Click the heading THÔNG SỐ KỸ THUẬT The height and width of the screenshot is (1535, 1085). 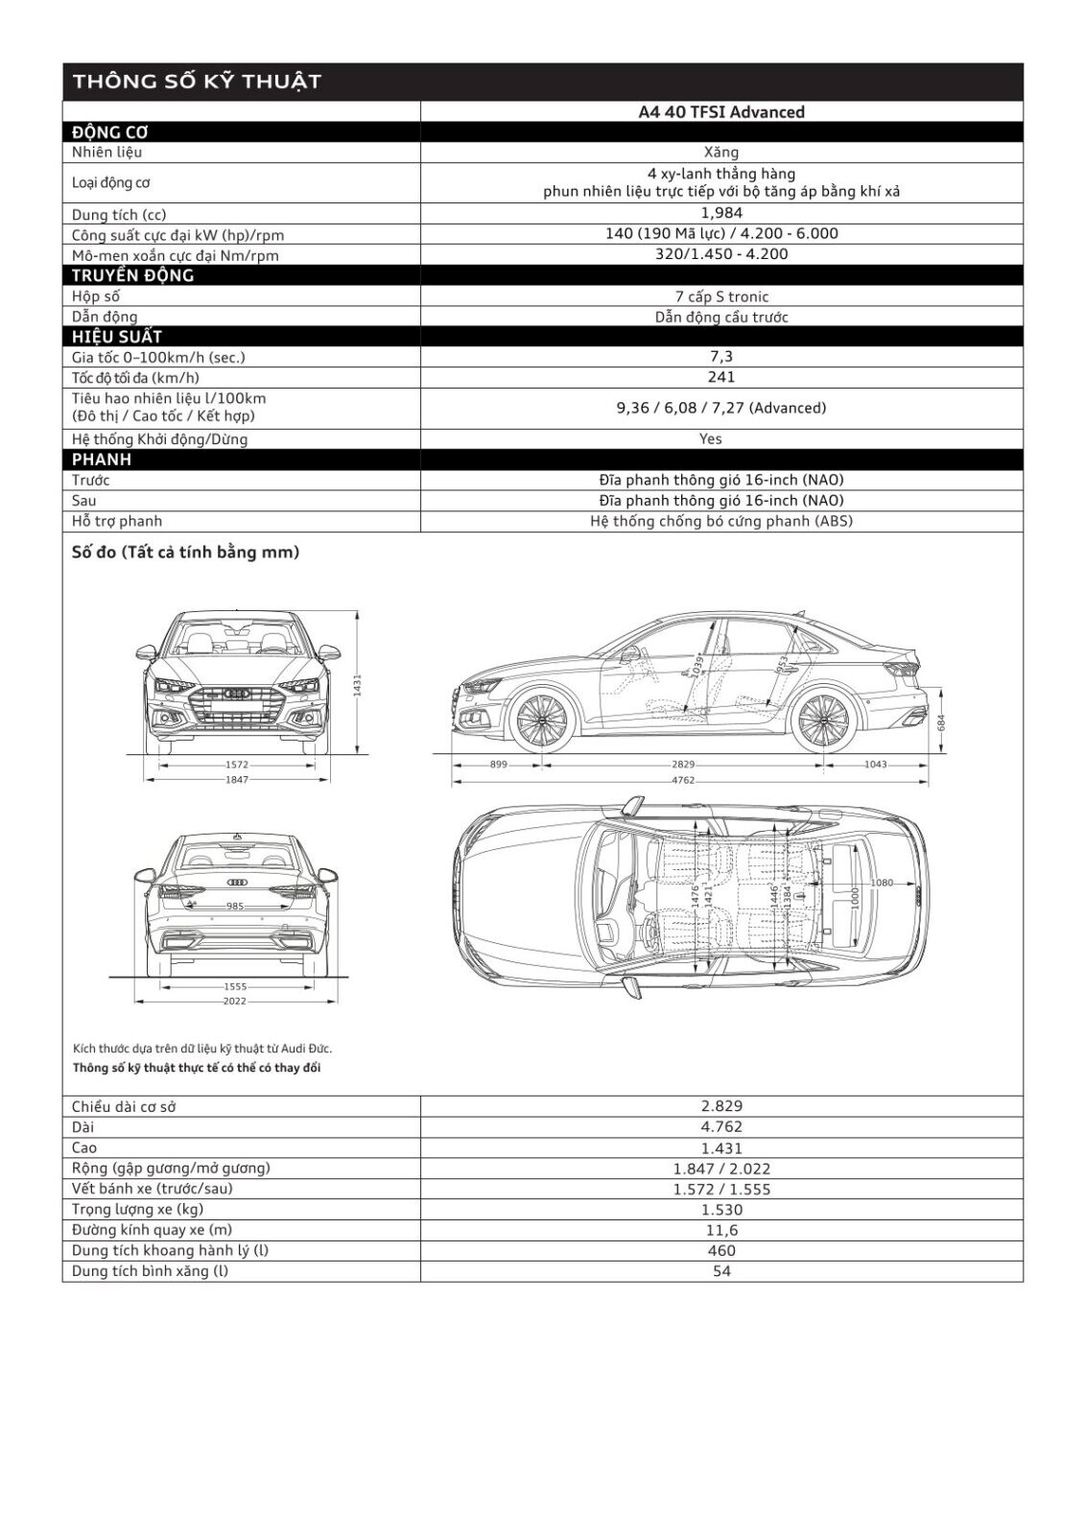196,82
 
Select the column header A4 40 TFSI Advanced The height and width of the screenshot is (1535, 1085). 721,112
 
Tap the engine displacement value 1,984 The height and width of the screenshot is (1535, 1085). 721,213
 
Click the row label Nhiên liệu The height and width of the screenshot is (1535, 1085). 106,153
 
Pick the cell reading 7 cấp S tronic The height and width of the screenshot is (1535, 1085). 721,296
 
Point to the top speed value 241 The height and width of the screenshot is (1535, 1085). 721,377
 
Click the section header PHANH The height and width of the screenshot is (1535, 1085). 102,460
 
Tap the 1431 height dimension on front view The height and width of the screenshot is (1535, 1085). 357,683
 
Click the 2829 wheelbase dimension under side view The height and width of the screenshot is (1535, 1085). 683,765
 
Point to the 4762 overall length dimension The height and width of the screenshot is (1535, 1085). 683,781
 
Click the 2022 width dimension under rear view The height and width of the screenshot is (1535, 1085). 234,1001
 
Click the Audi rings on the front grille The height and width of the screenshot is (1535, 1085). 236,693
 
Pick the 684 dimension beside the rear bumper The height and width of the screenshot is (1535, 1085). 941,720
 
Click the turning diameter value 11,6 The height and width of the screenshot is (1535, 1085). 721,1230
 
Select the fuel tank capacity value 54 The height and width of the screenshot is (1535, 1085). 721,1271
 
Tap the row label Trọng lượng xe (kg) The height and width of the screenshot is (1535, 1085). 137,1210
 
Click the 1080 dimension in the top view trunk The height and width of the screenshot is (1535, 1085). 881,883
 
